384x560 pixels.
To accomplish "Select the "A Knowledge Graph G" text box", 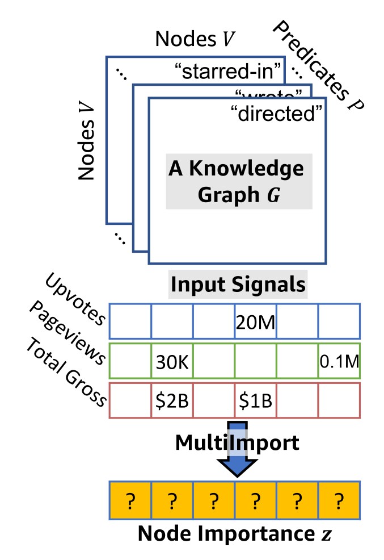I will [235, 181].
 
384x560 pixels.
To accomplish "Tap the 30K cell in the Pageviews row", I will [172, 361].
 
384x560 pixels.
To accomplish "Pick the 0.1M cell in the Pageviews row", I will [339, 361].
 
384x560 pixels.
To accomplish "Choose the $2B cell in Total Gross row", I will [172, 400].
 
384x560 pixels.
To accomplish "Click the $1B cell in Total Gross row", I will [255, 400].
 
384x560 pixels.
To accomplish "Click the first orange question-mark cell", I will [130, 500].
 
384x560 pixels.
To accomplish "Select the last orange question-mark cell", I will [339, 500].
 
